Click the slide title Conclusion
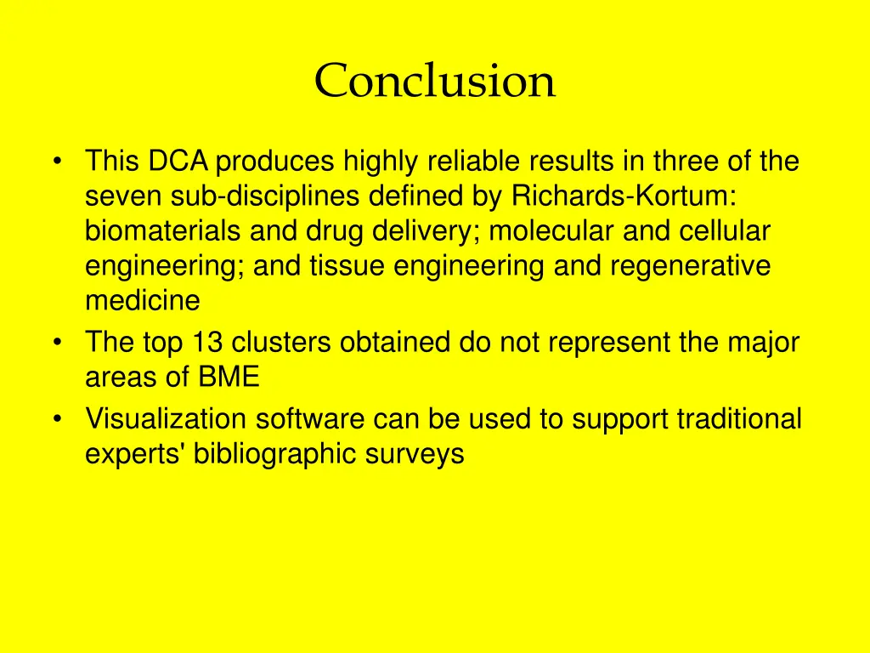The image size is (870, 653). (x=435, y=82)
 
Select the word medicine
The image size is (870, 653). (x=142, y=301)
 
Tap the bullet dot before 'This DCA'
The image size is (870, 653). (x=57, y=162)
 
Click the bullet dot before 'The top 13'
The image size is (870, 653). (x=57, y=344)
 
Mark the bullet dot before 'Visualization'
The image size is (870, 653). (x=57, y=420)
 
